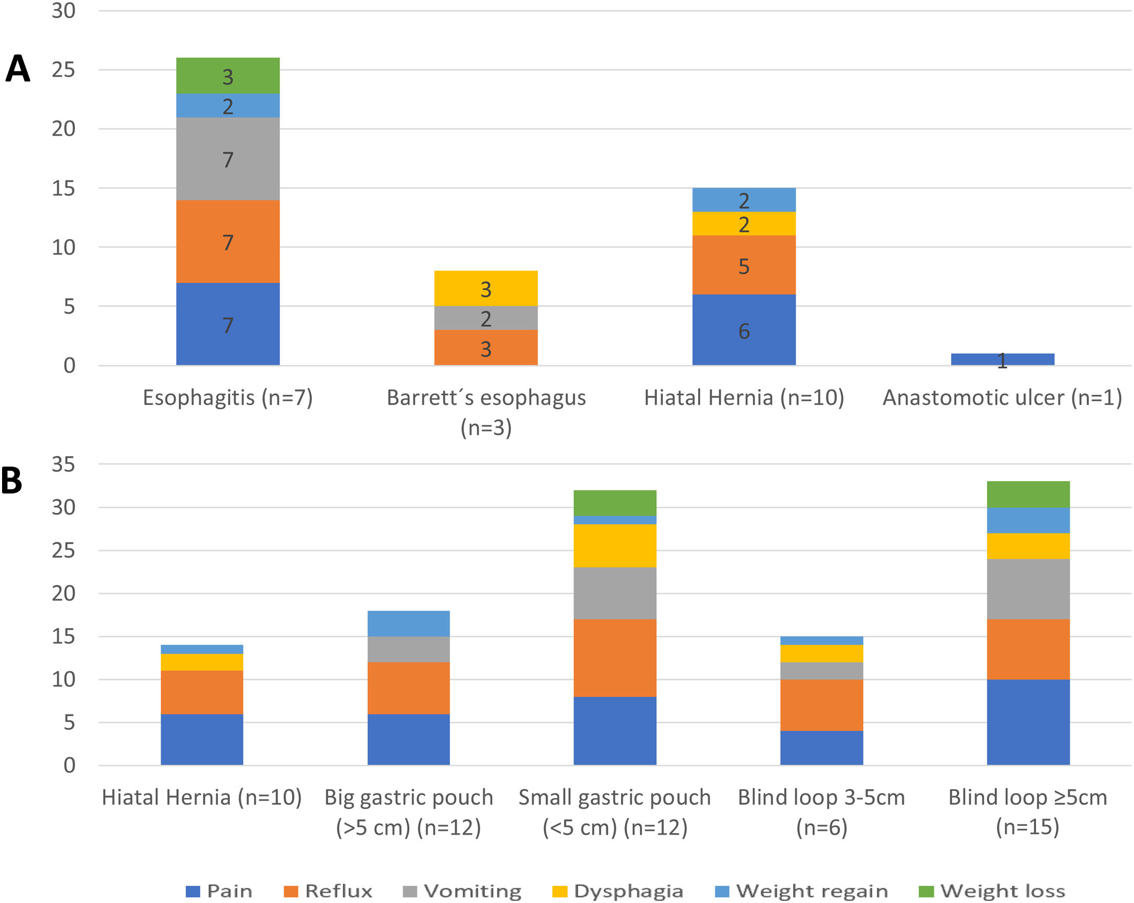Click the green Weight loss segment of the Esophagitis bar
[x=228, y=76]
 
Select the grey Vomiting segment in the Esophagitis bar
[x=228, y=158]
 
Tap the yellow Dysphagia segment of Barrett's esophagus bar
[x=485, y=288]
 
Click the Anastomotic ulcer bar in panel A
[x=1002, y=359]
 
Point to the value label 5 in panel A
[x=743, y=266]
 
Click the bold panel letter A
[x=18, y=69]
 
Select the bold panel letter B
[x=11, y=480]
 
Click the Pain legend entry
[x=220, y=891]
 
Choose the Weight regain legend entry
[x=801, y=891]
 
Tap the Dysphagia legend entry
[x=618, y=891]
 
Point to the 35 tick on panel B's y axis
[x=63, y=465]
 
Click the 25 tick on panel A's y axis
[x=63, y=70]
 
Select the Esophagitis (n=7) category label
[x=228, y=398]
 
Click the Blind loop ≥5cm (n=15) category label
[x=1027, y=811]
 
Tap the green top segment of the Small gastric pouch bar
[x=614, y=503]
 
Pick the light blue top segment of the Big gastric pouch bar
[x=408, y=623]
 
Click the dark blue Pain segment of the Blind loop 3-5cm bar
[x=821, y=747]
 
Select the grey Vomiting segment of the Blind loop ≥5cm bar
[x=1028, y=589]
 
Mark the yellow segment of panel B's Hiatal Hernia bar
[x=202, y=662]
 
